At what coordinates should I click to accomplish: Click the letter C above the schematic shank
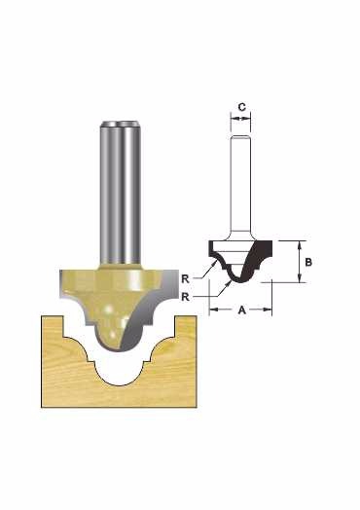coord(242,107)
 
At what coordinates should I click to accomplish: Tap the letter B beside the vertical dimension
coord(308,262)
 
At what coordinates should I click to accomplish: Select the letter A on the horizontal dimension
coord(241,310)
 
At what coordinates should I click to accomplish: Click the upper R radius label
coord(185,278)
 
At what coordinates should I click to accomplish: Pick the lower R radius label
coord(185,297)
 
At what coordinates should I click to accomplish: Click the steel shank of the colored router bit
coord(121,194)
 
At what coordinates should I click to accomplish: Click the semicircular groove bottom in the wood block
coord(119,379)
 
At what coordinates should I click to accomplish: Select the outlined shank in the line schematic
coord(240,185)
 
